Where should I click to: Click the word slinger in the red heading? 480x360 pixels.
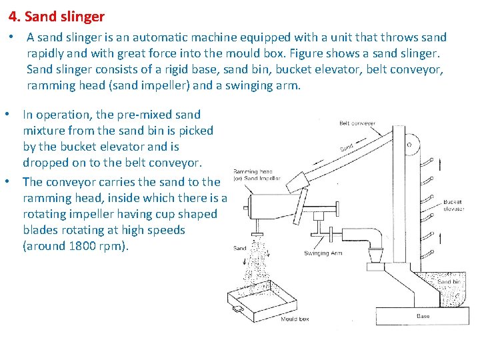click(81, 15)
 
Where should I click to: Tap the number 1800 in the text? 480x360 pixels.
click(85, 246)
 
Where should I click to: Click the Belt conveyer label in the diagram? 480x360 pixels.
click(357, 123)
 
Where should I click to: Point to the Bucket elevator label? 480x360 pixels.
click(453, 205)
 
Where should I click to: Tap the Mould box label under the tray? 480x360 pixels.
click(295, 319)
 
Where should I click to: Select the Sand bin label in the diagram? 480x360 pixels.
click(448, 282)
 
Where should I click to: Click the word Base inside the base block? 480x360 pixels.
click(423, 316)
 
